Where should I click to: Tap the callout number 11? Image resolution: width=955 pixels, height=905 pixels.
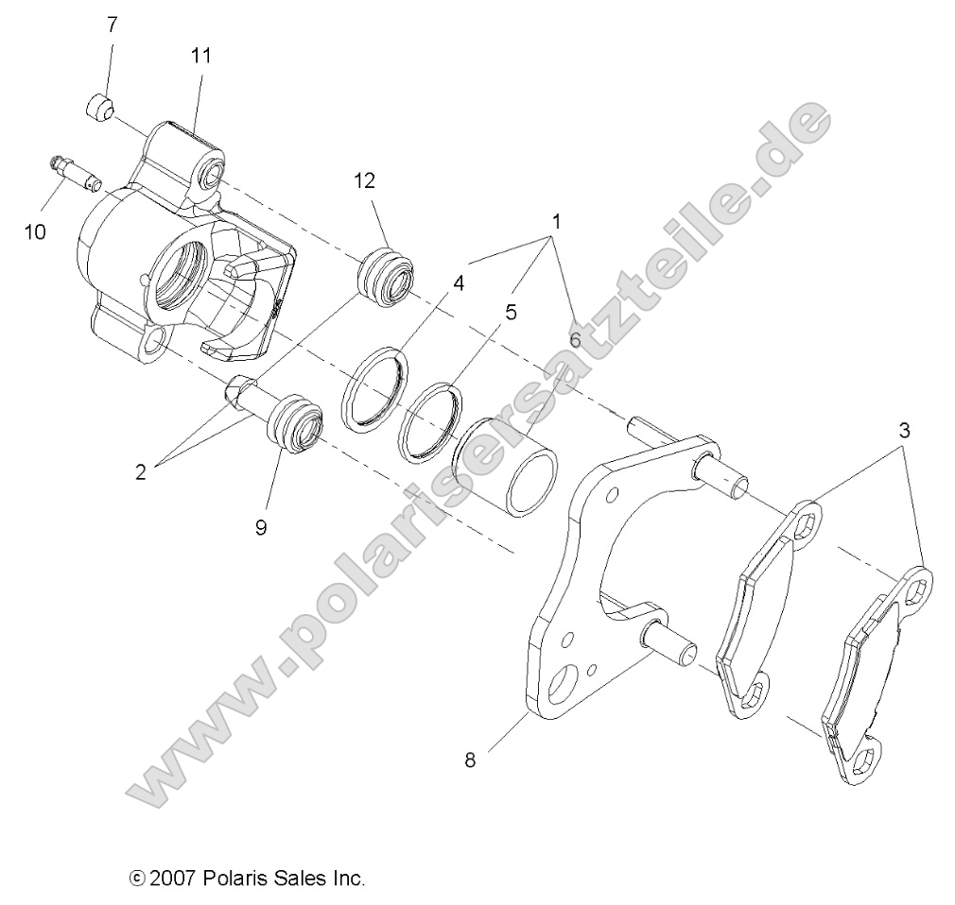tap(200, 56)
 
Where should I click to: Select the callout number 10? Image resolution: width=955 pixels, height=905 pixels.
tap(35, 231)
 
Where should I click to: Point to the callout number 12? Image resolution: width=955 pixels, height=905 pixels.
tap(365, 180)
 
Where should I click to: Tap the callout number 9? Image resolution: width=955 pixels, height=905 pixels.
tap(260, 526)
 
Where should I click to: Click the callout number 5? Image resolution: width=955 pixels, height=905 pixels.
tap(510, 311)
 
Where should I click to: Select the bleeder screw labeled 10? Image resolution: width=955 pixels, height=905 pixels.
tap(74, 171)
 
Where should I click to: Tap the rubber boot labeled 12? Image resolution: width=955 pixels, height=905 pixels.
tap(386, 281)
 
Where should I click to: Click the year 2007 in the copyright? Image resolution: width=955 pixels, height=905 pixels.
tap(173, 878)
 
